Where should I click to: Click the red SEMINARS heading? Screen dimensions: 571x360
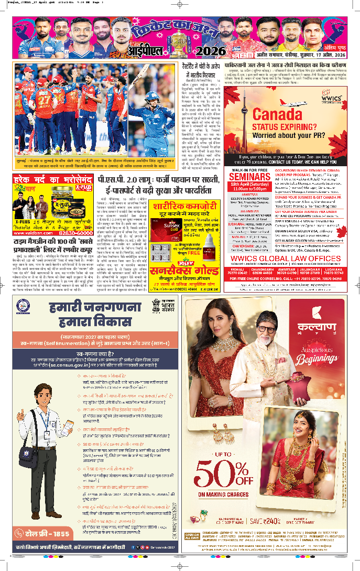point(248,177)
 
